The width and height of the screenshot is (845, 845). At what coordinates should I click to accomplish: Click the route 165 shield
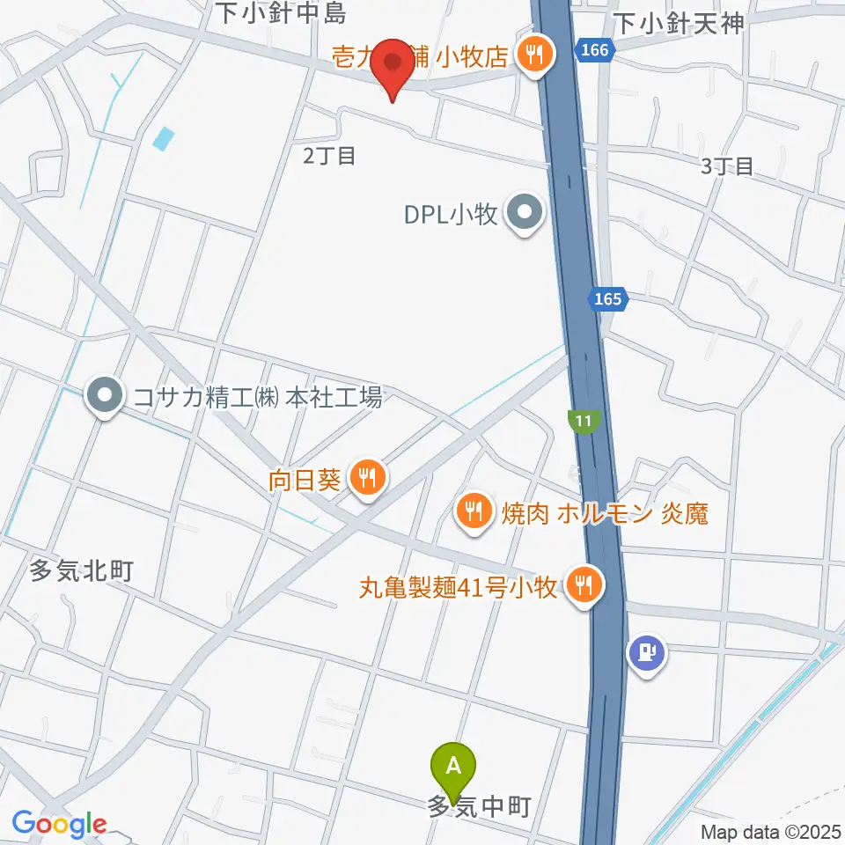click(x=607, y=300)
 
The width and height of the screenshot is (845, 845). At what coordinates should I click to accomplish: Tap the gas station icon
click(x=647, y=654)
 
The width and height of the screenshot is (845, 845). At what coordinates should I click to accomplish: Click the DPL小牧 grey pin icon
click(x=526, y=213)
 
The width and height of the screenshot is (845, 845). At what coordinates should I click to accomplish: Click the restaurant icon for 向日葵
click(x=364, y=478)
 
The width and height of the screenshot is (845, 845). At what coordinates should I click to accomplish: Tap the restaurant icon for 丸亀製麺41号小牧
click(x=582, y=582)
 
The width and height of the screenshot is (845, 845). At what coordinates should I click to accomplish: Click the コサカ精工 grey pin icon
click(x=106, y=397)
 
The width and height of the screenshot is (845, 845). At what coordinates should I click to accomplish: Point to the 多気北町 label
click(x=82, y=571)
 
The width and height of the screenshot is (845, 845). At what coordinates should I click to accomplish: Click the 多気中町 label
click(x=479, y=806)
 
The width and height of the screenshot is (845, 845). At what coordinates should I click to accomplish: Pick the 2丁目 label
click(x=329, y=156)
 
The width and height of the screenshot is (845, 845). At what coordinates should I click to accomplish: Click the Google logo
click(x=60, y=825)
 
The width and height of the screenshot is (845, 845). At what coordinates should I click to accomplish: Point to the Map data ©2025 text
click(x=770, y=831)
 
